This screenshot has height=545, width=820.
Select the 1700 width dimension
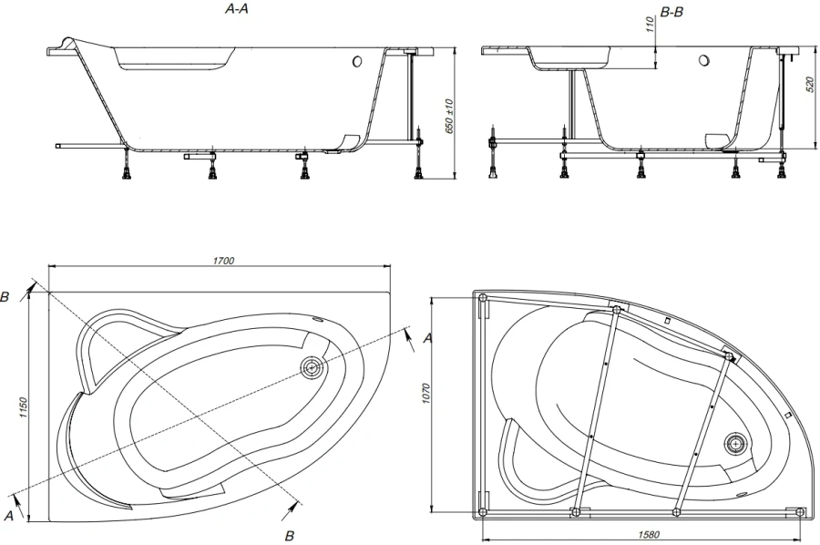224,261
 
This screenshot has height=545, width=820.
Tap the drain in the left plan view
311,368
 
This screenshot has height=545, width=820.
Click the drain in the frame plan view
735,444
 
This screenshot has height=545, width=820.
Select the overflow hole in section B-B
703,62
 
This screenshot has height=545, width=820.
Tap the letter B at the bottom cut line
290,533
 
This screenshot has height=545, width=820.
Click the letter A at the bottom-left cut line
8,516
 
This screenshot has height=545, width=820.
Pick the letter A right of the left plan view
427,338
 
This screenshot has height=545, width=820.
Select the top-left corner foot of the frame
482,299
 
